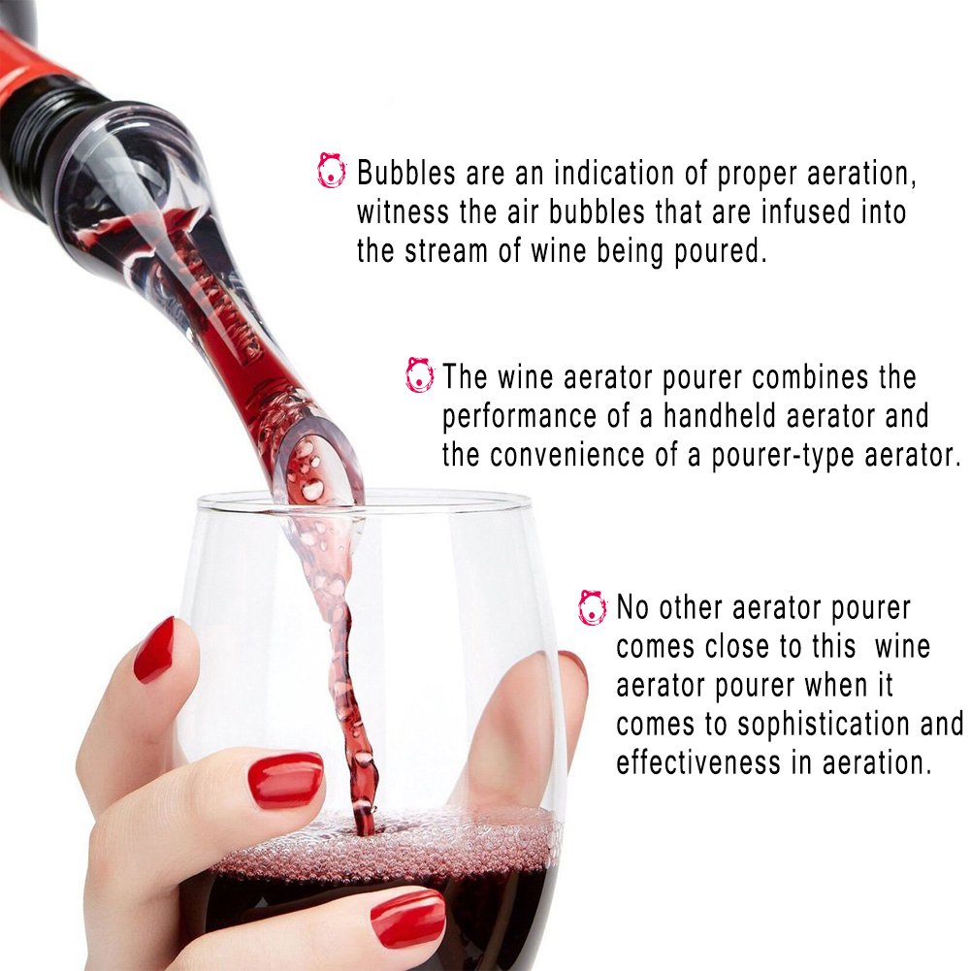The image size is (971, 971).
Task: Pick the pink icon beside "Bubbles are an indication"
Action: point(331,171)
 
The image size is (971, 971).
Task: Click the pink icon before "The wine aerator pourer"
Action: point(420,374)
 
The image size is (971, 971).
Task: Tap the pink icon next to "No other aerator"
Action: point(592,607)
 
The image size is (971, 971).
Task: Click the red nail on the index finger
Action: point(153,649)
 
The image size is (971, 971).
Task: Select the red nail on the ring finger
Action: point(406,917)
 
